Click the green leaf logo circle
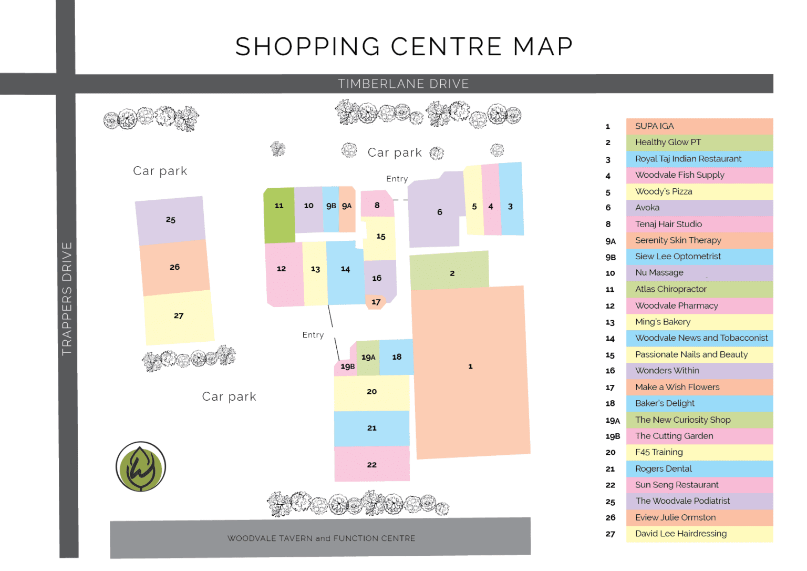140,466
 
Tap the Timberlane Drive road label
403,84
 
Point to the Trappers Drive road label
67,298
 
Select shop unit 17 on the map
376,302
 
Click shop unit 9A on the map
347,206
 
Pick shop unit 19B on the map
347,366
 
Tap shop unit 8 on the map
377,205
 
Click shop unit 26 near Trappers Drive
174,267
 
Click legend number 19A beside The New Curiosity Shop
612,420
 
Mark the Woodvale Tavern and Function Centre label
321,538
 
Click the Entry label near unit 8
397,179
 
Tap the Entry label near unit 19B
313,335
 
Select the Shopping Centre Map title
403,47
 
